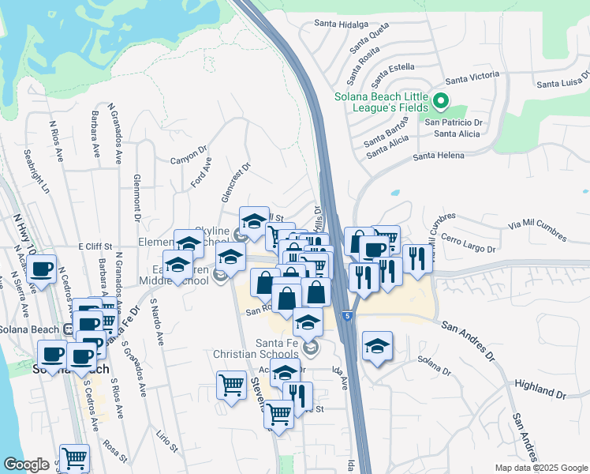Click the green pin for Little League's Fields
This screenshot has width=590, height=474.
[x=441, y=101]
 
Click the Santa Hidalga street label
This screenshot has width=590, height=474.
[x=341, y=24]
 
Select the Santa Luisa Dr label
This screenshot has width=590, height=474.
[x=562, y=81]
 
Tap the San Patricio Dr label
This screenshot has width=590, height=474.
[x=454, y=122]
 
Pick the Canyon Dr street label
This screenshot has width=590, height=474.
[x=189, y=155]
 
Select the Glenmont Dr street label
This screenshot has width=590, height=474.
[x=136, y=197]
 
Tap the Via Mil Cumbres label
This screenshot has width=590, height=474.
[x=538, y=231]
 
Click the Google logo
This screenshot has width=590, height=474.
[x=27, y=465]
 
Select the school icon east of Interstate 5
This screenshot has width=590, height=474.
[x=378, y=347]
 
